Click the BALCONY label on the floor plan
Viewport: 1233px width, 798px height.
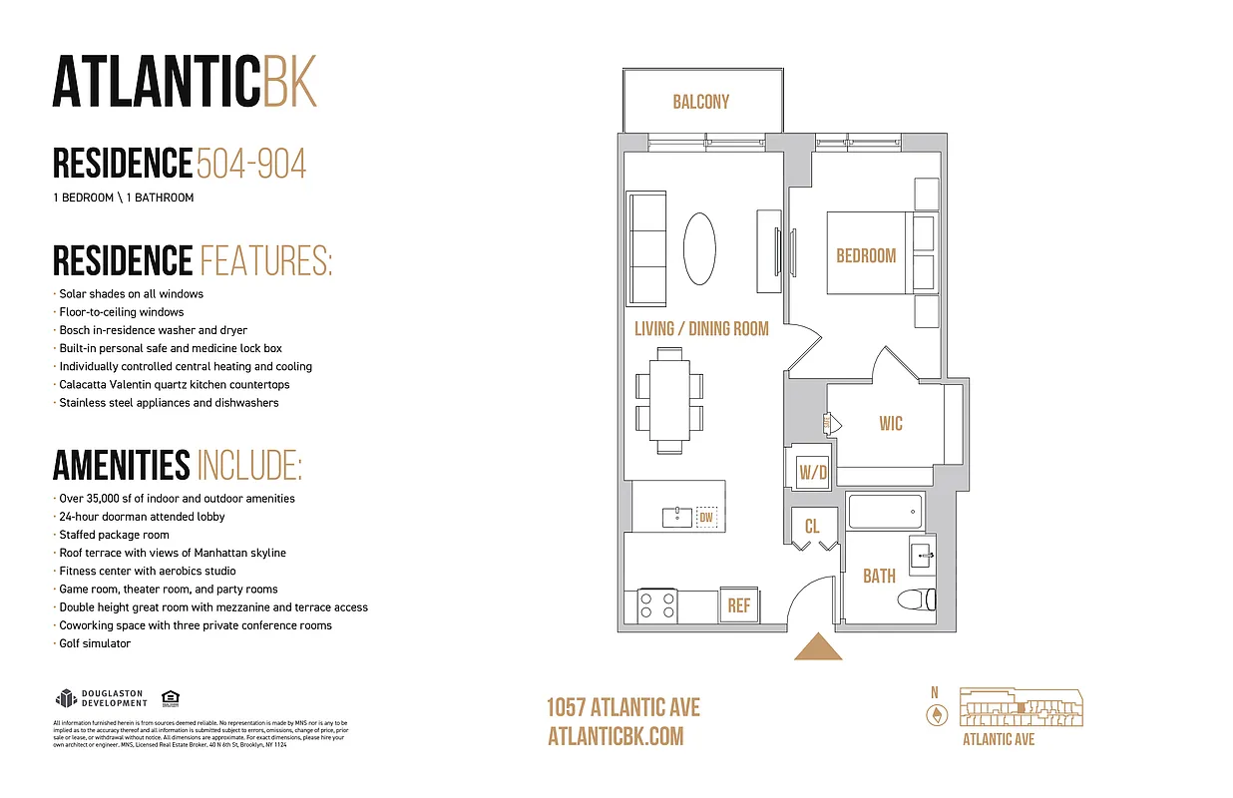click(x=701, y=102)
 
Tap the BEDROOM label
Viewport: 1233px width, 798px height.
click(x=866, y=255)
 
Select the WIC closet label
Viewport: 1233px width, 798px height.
click(x=891, y=424)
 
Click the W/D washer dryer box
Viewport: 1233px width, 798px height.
click(x=813, y=472)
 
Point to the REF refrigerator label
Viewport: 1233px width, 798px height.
click(x=739, y=605)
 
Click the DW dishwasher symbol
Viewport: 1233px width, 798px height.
click(x=706, y=517)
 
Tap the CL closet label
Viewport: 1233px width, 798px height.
click(x=812, y=525)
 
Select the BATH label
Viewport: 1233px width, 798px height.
click(x=879, y=576)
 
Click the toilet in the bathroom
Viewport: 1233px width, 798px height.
click(x=917, y=599)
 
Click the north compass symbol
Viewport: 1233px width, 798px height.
click(x=937, y=714)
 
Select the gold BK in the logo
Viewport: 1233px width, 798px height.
click(x=290, y=83)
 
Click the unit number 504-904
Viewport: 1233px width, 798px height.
click(x=251, y=164)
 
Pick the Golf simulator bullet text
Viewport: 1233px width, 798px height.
click(x=95, y=643)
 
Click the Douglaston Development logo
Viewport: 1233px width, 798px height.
click(x=102, y=698)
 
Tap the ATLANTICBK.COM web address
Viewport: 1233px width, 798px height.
click(x=616, y=736)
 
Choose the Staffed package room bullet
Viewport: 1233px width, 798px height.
click(x=114, y=535)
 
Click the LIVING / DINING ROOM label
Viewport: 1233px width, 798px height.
click(x=701, y=328)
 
